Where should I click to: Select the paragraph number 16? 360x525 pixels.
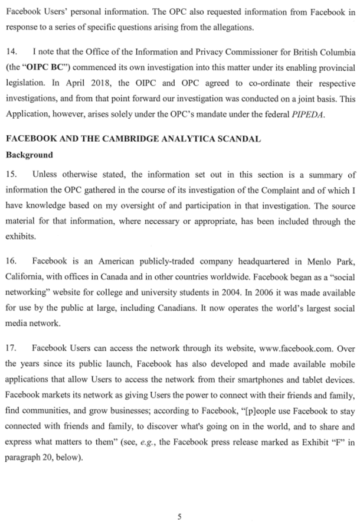[11, 260]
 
